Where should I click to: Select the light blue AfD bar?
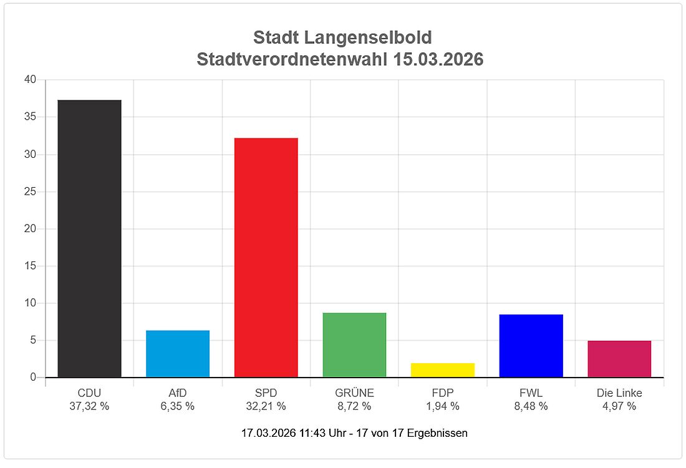[178, 354]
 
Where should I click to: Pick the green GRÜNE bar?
[354, 345]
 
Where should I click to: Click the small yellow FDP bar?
[443, 370]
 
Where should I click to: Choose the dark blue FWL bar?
[531, 346]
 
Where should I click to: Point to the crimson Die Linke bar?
[619, 359]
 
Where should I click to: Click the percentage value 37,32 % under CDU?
[89, 406]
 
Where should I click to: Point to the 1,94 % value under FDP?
[443, 406]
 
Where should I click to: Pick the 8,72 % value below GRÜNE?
[354, 406]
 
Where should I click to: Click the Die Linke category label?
[619, 393]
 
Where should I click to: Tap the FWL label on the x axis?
[531, 393]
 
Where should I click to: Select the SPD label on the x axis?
[266, 393]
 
